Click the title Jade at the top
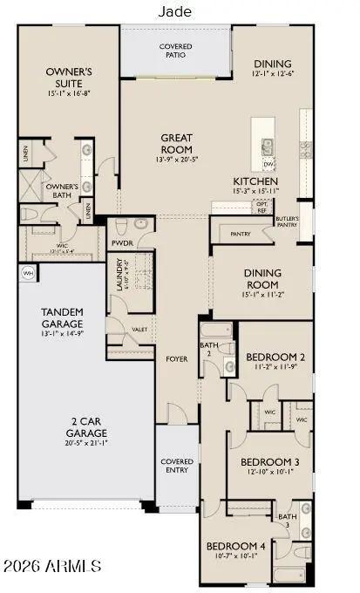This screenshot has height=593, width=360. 175,11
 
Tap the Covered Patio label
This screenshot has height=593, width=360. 175,51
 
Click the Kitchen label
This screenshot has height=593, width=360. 255,180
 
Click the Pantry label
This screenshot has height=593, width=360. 240,234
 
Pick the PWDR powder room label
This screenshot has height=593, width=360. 121,243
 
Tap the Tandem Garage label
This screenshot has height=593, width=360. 62,318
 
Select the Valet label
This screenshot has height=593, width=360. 139,330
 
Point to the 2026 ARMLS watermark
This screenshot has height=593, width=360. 51,567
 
